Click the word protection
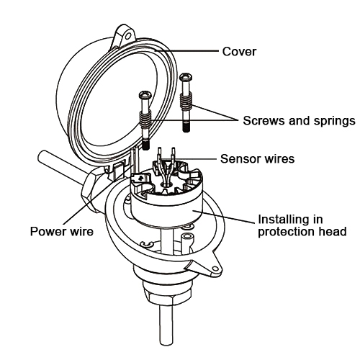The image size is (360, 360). click(x=286, y=232)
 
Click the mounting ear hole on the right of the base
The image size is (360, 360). click(x=213, y=270)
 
